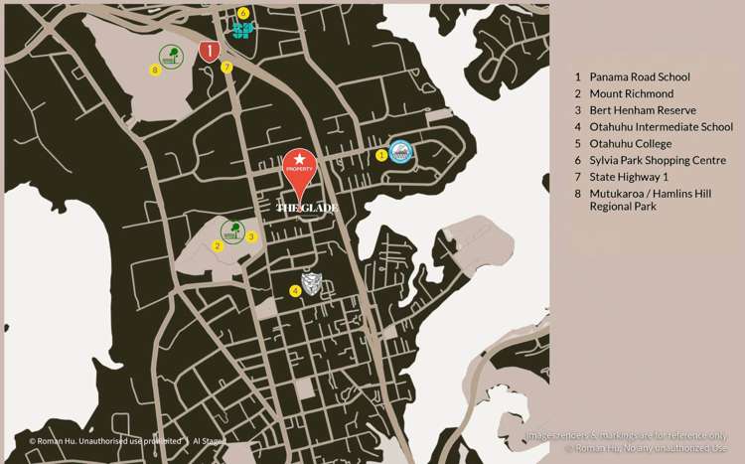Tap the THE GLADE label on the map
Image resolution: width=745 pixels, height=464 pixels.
[x=307, y=208]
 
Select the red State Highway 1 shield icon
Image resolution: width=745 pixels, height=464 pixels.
[x=209, y=51]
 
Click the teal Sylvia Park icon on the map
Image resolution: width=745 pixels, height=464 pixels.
[x=242, y=29]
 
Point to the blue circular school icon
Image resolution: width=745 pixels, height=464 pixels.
[x=400, y=152]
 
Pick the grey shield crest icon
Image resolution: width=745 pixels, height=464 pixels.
[x=312, y=283]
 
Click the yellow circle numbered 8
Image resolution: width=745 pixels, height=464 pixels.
[x=154, y=70]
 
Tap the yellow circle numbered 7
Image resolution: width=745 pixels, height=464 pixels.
[x=227, y=68]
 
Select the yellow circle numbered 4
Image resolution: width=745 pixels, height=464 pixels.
[x=294, y=290]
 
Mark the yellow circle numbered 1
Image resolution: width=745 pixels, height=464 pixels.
[x=381, y=154]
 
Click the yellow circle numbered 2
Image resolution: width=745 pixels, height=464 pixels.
[x=217, y=245]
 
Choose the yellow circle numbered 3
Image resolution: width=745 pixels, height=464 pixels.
[x=251, y=236]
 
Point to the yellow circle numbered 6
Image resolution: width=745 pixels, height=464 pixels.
[x=243, y=13]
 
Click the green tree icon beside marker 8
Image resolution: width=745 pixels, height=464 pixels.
[x=171, y=57]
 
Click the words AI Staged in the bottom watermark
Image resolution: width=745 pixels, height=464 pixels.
[x=210, y=440]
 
